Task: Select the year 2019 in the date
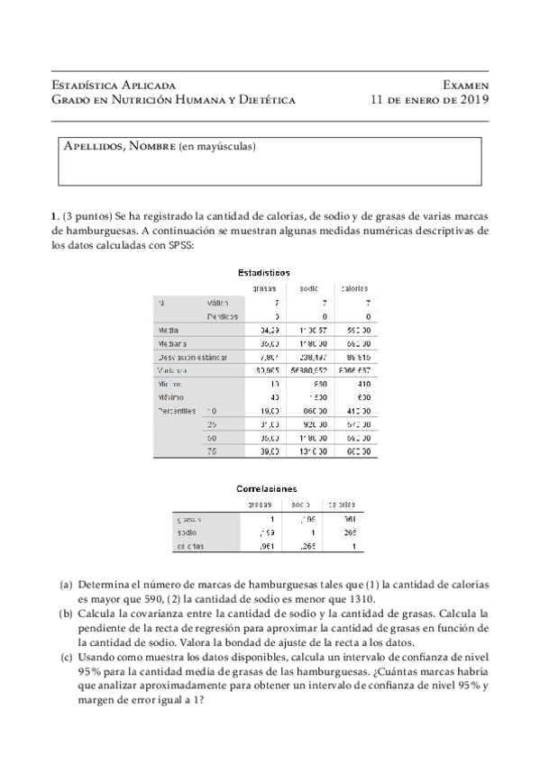click(x=468, y=99)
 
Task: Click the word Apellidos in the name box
click(x=94, y=146)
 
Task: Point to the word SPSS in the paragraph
click(x=178, y=246)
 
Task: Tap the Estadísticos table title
click(x=263, y=272)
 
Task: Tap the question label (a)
click(x=67, y=584)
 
